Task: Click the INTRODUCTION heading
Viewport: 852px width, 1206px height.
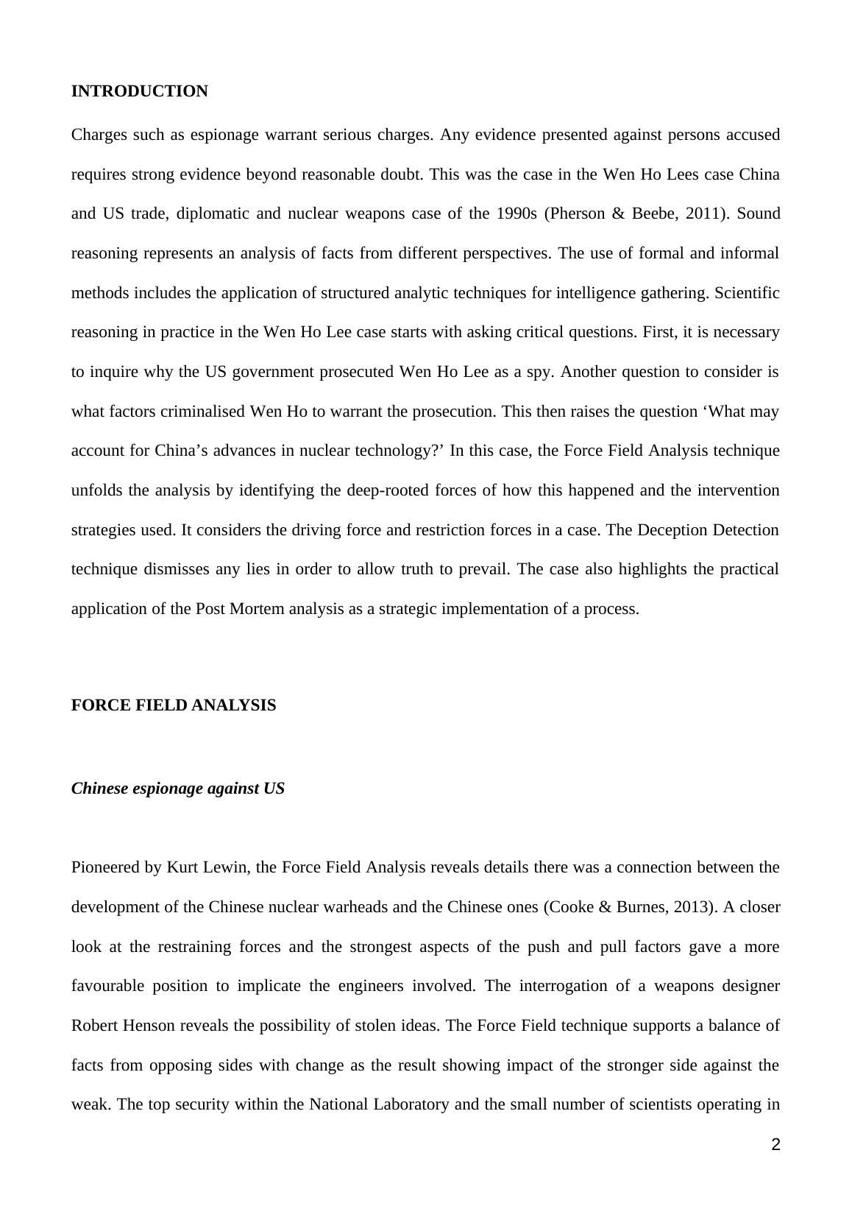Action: point(139,91)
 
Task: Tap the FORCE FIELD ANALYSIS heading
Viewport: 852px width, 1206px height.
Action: point(174,705)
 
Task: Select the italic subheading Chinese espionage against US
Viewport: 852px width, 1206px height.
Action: point(177,789)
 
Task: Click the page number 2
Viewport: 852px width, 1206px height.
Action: point(775,1145)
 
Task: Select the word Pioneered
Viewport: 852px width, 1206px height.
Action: point(106,867)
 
